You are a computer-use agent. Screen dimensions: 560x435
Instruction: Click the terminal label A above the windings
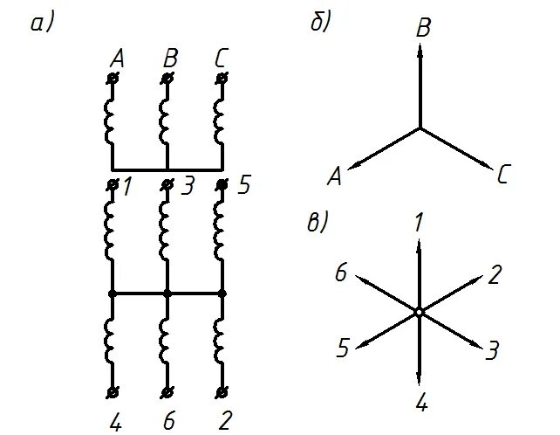(116, 59)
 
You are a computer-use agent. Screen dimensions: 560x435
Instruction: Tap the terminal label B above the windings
(168, 59)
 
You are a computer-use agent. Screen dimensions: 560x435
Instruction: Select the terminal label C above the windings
(222, 59)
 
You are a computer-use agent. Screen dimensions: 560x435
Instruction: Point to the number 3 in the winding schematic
(188, 186)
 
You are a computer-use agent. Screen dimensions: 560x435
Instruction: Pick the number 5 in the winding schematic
(243, 186)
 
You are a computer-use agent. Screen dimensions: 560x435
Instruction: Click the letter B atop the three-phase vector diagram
(423, 28)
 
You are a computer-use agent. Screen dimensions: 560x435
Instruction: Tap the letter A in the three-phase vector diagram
(333, 177)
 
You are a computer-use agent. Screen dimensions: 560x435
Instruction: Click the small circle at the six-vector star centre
(420, 311)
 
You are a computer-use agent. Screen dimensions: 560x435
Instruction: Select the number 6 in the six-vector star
(341, 274)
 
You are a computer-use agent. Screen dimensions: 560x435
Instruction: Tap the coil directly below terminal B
(167, 121)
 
